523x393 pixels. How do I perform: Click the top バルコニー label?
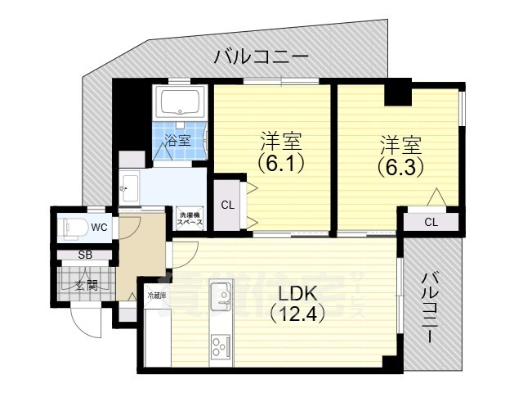pos(261,57)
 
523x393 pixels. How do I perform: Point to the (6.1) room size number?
pos(282,162)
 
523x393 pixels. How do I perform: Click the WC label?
pos(99,227)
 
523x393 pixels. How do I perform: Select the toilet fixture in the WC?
pos(74,227)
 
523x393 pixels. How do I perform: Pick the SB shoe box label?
pos(84,255)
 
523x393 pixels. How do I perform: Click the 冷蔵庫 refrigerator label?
pos(157,295)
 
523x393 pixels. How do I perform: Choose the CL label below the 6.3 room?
pos(431,223)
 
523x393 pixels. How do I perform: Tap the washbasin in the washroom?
pos(127,189)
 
